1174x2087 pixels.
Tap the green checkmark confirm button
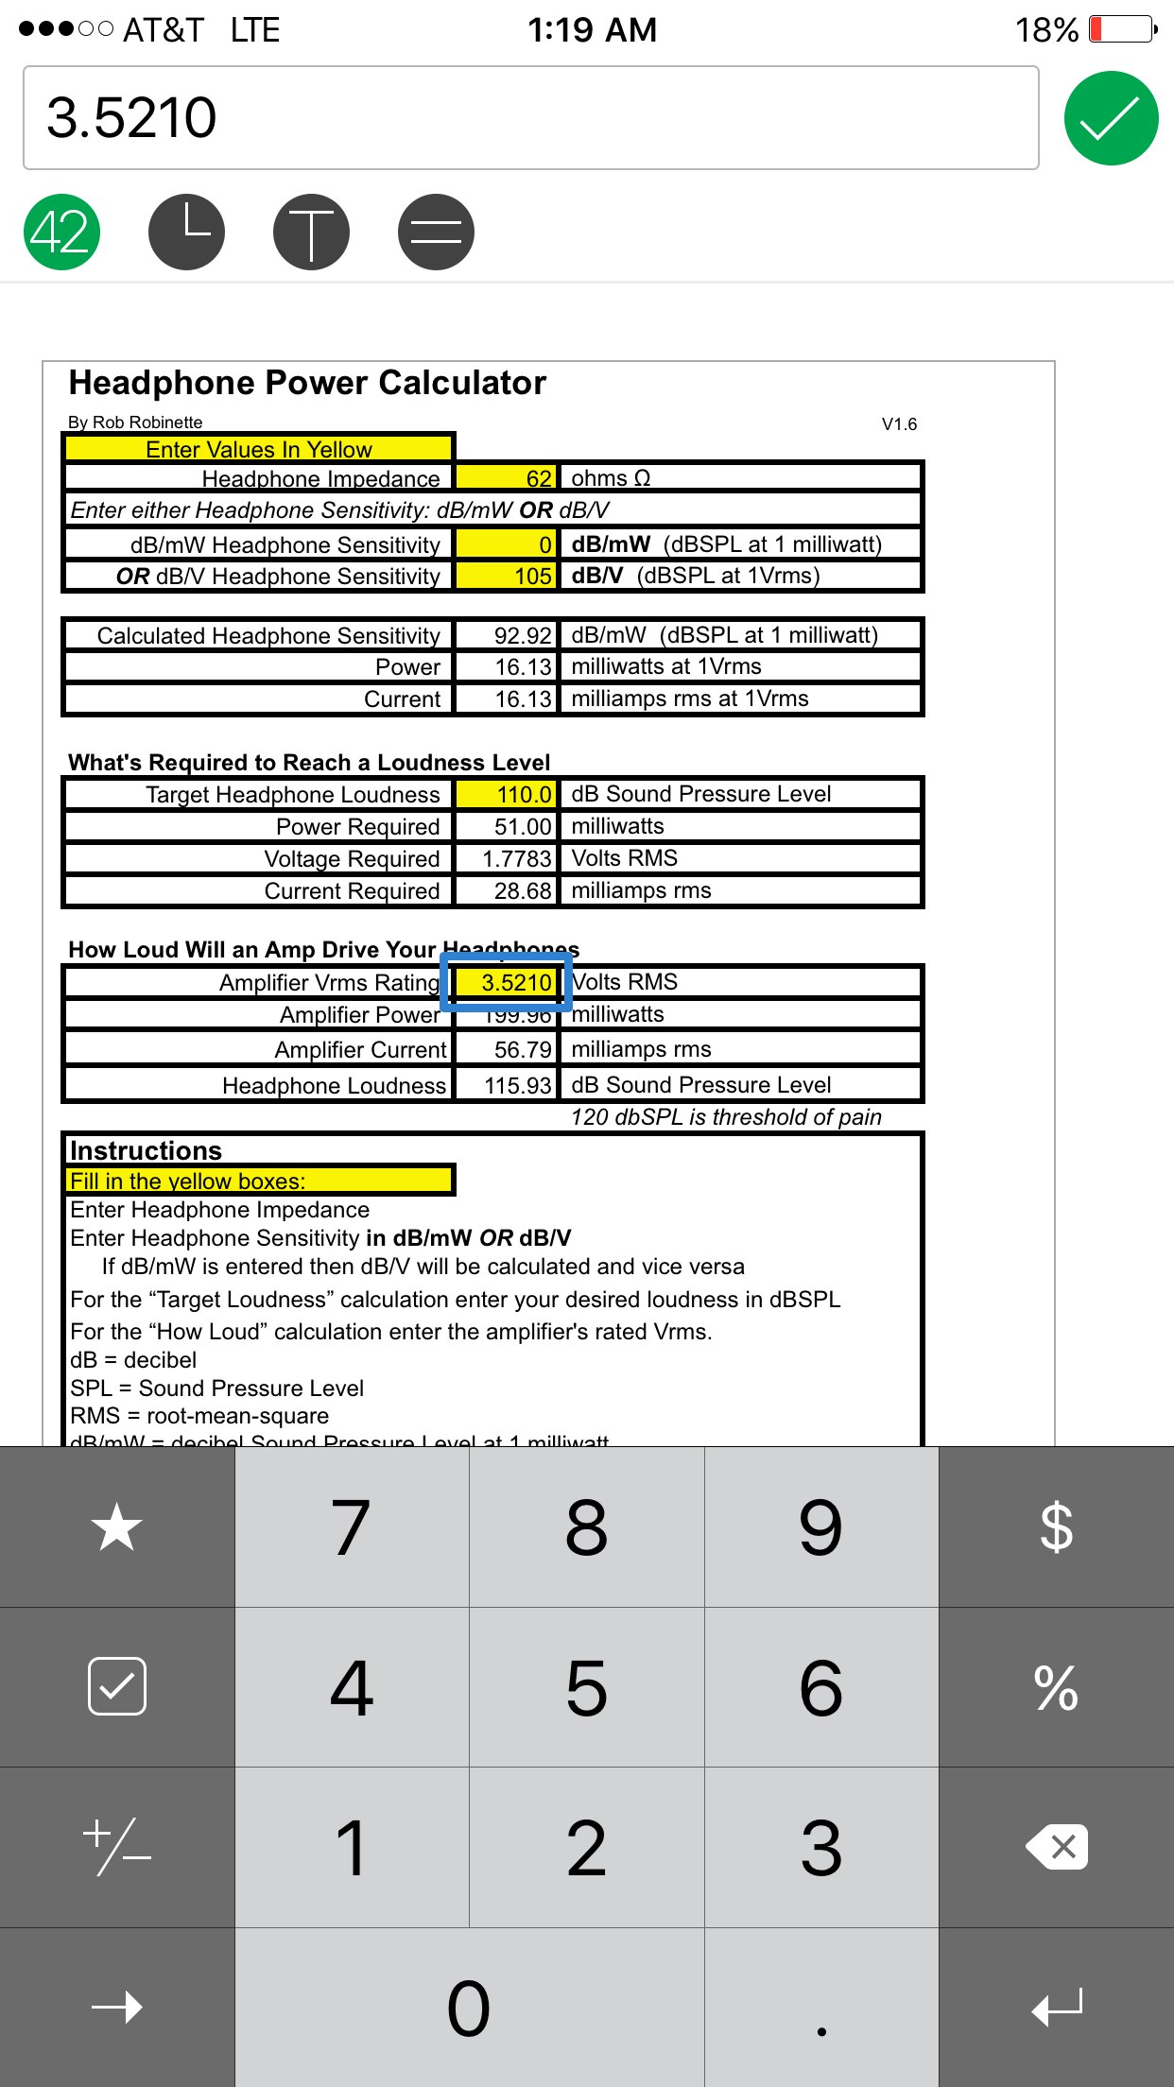click(1111, 118)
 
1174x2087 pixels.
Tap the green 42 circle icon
click(61, 232)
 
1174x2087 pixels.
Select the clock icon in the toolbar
click(186, 232)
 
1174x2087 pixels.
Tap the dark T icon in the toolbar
click(311, 232)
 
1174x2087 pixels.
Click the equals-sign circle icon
click(436, 232)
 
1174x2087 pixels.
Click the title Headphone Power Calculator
click(307, 383)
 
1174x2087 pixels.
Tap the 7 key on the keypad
click(352, 1526)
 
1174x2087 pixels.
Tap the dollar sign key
click(1056, 1526)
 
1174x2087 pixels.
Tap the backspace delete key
click(1056, 1847)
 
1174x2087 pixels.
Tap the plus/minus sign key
click(117, 1847)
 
